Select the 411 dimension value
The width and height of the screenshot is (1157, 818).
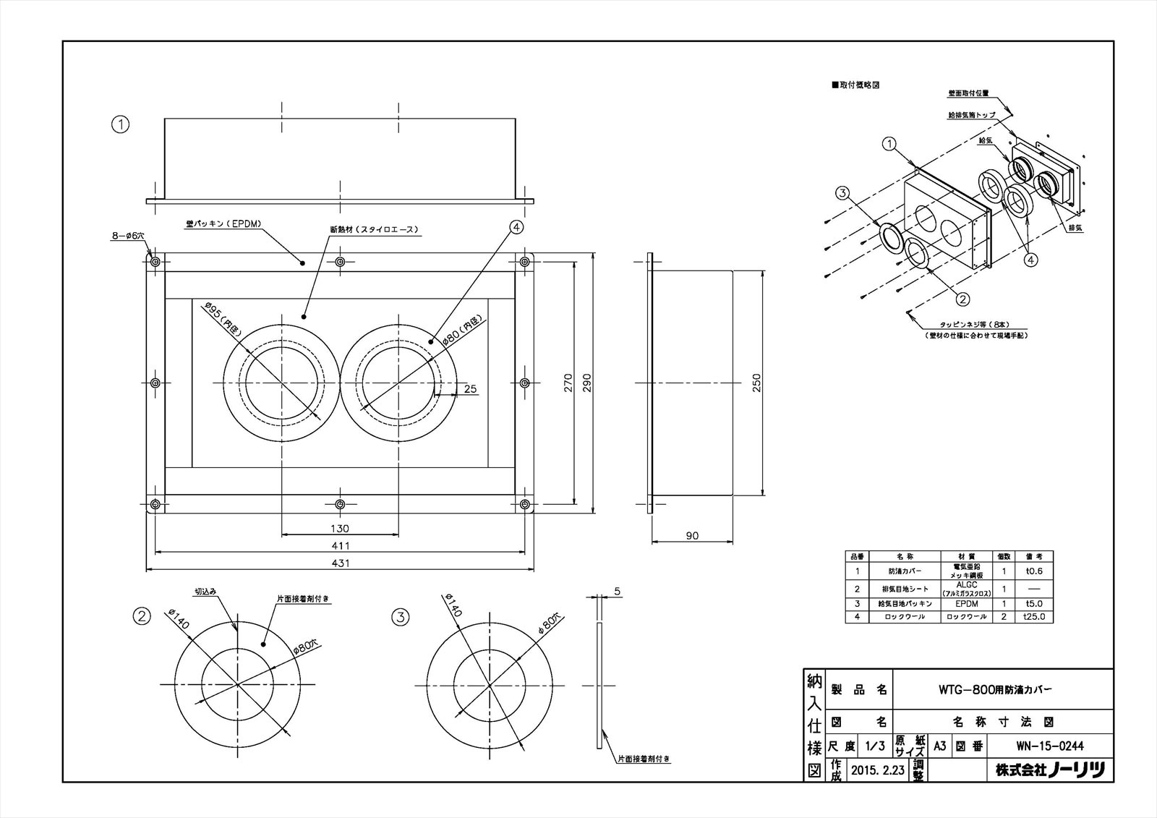(x=341, y=545)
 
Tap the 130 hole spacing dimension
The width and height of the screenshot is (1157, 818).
(x=340, y=529)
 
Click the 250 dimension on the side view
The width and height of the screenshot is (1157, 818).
(x=756, y=383)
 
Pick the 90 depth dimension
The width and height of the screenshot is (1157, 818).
(x=692, y=535)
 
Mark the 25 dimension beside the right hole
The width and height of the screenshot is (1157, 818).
(x=470, y=388)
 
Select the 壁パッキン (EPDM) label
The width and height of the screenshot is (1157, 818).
(x=217, y=225)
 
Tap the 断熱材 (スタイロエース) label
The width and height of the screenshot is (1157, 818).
(x=374, y=230)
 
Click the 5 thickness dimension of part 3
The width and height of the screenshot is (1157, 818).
(x=618, y=591)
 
